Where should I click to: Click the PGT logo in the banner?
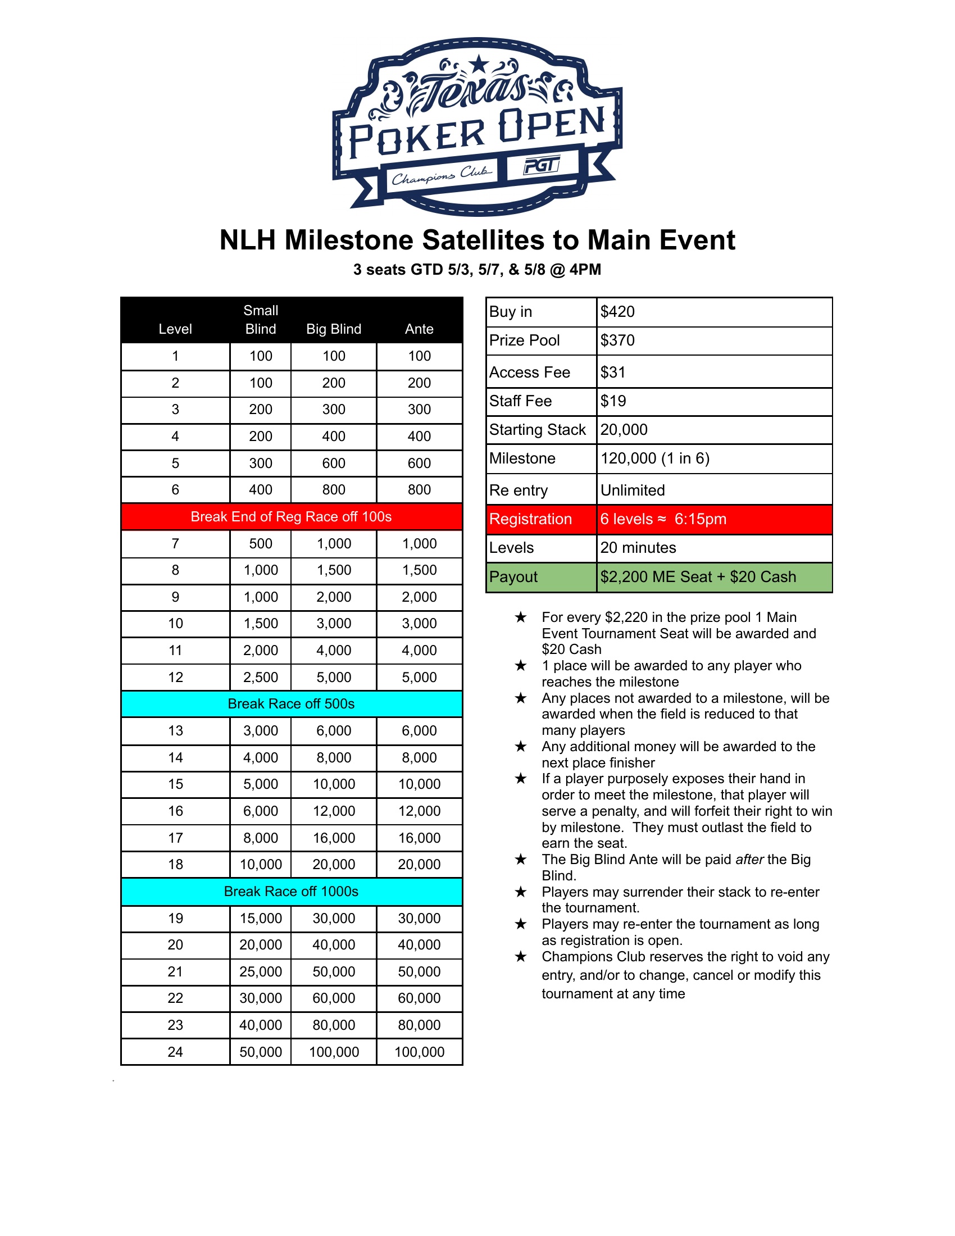point(542,166)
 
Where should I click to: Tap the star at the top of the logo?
point(479,64)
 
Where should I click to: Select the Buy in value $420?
point(617,312)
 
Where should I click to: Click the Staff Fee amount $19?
point(613,401)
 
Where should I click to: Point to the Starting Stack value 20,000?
point(624,430)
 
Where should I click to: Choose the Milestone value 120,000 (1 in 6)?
point(654,458)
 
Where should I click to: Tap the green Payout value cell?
point(714,577)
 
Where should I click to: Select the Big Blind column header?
point(333,329)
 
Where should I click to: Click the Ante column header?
point(419,329)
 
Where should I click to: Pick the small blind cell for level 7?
point(260,544)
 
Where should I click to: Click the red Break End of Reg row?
point(292,517)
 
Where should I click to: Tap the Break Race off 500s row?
point(292,704)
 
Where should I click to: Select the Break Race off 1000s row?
point(292,892)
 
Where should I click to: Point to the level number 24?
point(175,1052)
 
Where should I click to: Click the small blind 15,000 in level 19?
point(260,919)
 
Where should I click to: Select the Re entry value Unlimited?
point(633,490)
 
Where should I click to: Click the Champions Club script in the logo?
point(442,176)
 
